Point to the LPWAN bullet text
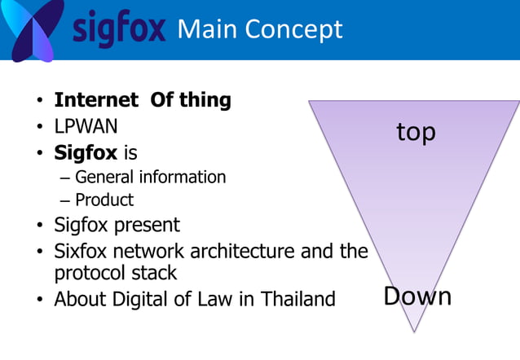coord(86,126)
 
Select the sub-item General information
coord(150,177)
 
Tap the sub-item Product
coord(104,200)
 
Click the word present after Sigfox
coord(148,224)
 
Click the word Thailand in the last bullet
coord(298,299)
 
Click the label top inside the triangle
coord(416,132)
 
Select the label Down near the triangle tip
coord(417,296)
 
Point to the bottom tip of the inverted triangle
coord(415,330)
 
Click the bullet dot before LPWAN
coord(38,128)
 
